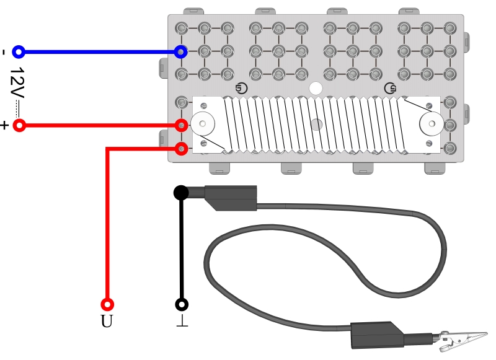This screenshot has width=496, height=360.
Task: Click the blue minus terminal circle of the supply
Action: click(19, 51)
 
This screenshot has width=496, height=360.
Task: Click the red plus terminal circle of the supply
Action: click(19, 126)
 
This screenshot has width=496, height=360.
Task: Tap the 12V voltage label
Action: click(17, 83)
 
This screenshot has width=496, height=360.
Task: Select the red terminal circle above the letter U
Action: click(107, 304)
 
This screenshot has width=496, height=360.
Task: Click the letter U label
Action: click(107, 321)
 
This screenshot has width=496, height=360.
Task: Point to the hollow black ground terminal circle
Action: click(182, 304)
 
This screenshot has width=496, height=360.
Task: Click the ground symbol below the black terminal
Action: click(182, 320)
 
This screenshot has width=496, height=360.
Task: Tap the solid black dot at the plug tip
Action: click(181, 193)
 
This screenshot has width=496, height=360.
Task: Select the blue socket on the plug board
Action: click(180, 51)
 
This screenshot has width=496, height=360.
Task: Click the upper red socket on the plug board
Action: click(181, 126)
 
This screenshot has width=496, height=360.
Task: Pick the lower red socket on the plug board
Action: click(181, 149)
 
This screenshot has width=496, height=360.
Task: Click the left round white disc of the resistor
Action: click(203, 123)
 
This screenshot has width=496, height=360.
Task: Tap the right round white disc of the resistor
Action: click(432, 123)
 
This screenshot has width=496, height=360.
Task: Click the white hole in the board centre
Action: click(316, 89)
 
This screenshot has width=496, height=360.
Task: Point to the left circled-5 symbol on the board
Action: click(242, 88)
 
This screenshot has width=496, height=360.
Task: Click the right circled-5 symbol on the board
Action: click(390, 88)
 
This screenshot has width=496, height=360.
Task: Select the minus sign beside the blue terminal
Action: click(4, 52)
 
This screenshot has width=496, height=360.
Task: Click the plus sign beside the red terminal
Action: click(4, 125)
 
